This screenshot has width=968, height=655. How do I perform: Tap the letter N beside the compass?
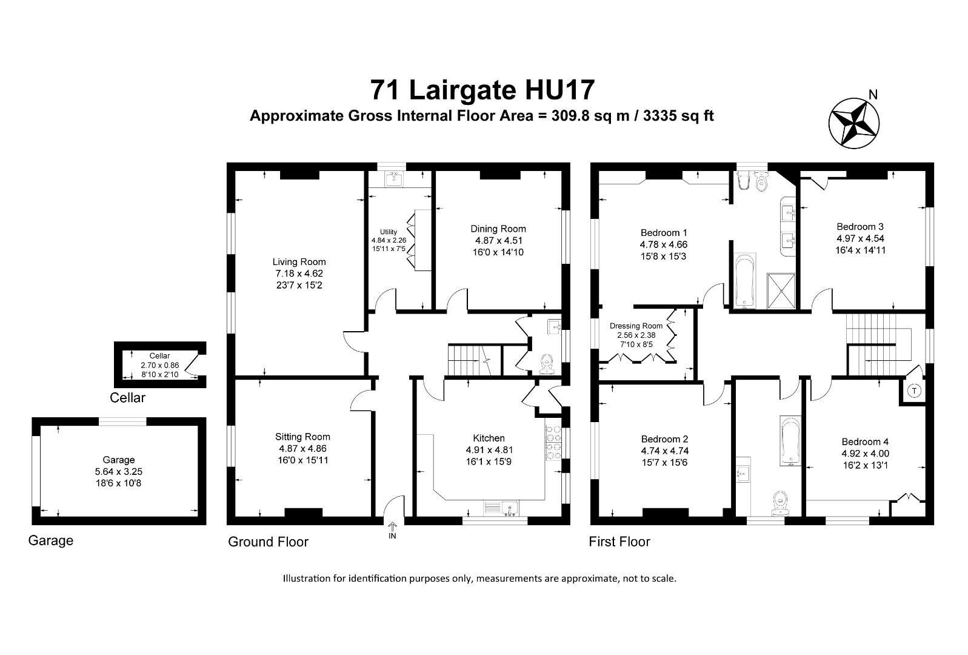click(873, 94)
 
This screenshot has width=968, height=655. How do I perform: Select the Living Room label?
click(299, 262)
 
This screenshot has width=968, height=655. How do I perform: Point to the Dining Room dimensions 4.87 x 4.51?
click(498, 240)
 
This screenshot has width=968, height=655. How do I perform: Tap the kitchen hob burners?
click(553, 443)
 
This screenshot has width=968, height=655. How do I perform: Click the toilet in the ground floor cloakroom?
click(548, 363)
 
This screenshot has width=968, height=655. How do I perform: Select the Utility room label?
click(389, 232)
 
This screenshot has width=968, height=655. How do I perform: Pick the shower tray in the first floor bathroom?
click(783, 291)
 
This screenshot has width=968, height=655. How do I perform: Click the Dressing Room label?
click(636, 326)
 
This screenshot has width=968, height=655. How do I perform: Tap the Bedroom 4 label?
click(865, 442)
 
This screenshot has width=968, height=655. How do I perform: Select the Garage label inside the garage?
click(118, 460)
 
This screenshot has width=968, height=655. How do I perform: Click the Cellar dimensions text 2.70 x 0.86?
click(160, 365)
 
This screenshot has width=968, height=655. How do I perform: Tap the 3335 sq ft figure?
click(674, 116)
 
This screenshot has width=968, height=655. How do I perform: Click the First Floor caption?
click(619, 542)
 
